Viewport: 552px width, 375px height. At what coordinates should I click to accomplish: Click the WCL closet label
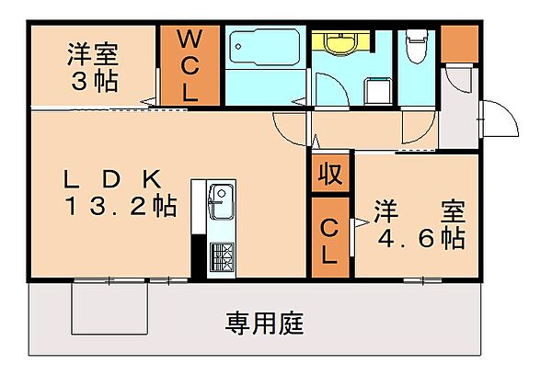[190, 65]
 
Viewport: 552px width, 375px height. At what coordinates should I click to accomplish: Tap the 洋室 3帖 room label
[93, 67]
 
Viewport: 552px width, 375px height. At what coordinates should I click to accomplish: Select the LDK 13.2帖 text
[120, 193]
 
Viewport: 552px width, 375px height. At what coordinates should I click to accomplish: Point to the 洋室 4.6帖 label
[420, 224]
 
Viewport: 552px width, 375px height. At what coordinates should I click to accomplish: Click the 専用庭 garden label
[264, 323]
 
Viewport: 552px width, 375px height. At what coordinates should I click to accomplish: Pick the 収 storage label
[330, 174]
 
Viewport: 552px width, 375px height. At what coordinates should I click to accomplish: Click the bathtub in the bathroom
[265, 47]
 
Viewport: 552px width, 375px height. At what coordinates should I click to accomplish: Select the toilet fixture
[417, 46]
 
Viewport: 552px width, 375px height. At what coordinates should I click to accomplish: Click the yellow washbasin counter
[340, 42]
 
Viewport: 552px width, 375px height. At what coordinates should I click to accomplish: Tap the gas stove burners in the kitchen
[222, 256]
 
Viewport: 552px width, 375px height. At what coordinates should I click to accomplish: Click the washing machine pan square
[378, 91]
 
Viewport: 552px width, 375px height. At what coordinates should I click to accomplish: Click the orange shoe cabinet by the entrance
[459, 43]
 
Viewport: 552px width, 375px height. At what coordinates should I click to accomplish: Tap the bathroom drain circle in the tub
[238, 47]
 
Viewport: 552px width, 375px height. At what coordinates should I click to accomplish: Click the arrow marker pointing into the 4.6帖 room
[362, 222]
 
